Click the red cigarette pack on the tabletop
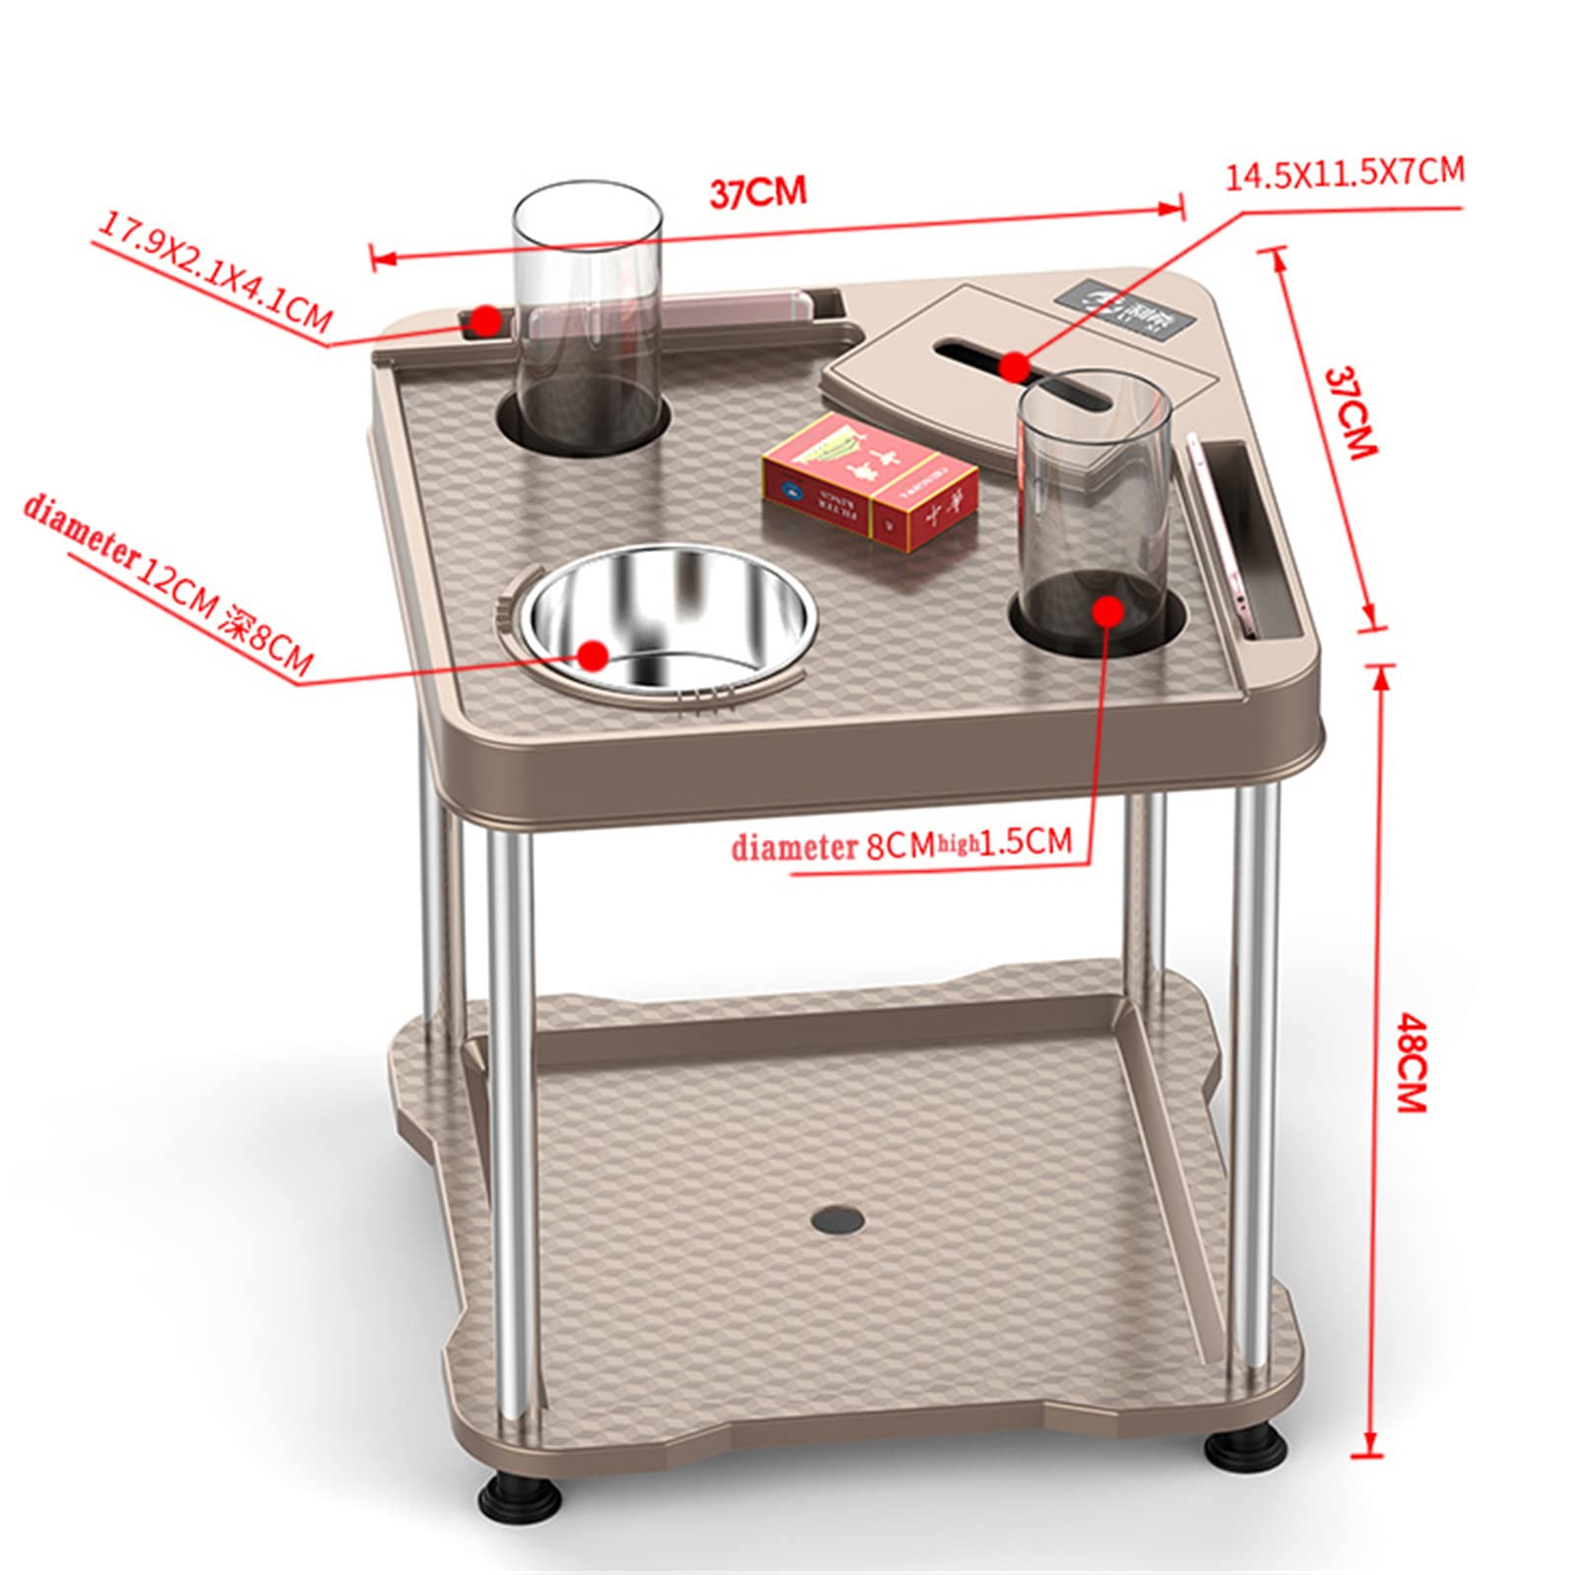point(870,480)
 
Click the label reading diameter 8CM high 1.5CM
point(901,845)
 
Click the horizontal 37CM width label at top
point(758,191)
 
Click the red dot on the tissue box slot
point(1013,366)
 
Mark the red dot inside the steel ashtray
point(593,654)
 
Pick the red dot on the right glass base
point(1108,610)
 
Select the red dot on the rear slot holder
point(485,319)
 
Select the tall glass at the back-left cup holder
point(588,315)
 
